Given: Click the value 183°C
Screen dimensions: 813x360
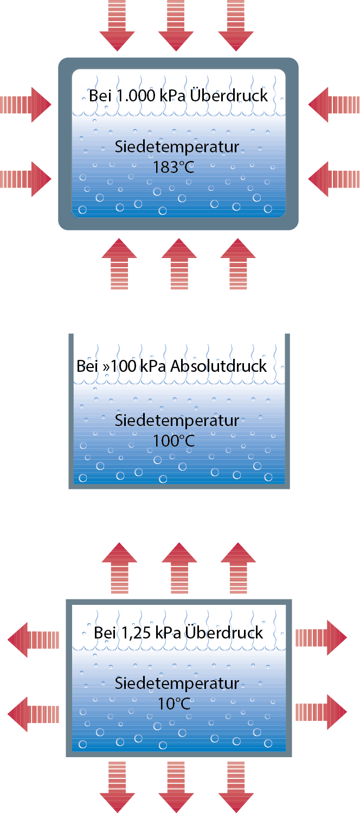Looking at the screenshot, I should [173, 167].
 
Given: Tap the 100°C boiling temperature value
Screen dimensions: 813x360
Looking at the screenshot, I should [173, 441].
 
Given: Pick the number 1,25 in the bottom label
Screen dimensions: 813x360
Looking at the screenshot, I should [130, 633].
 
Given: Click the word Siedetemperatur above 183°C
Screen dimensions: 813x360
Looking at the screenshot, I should [177, 147].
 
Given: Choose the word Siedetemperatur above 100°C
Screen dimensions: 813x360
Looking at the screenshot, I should [177, 421].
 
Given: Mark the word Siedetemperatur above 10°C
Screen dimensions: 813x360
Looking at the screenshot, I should [177, 683].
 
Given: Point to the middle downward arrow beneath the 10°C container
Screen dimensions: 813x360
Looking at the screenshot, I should [176, 786].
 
